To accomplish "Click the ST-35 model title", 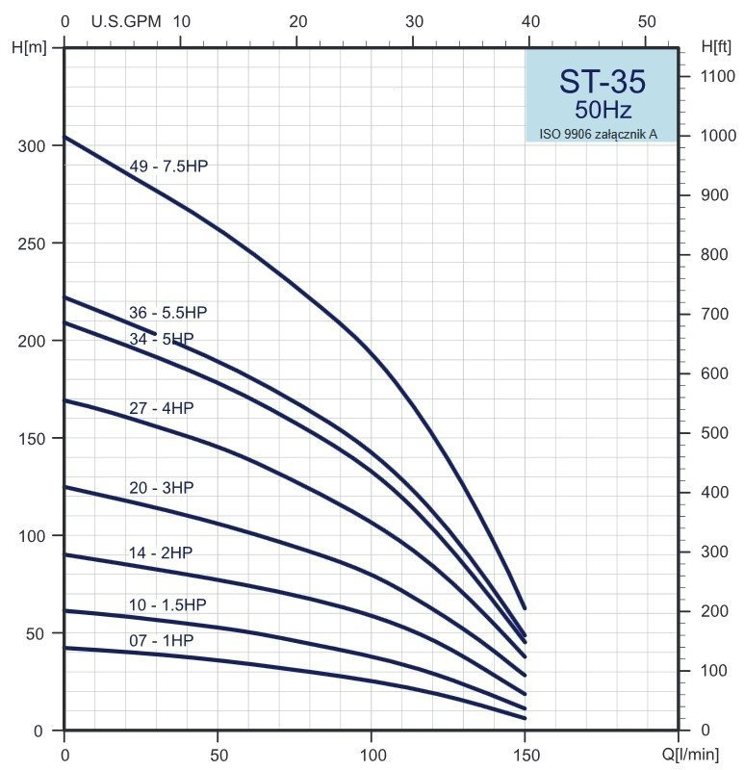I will pyautogui.click(x=602, y=82).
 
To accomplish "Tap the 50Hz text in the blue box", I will pyautogui.click(x=603, y=110).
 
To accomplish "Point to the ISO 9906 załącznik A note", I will pyautogui.click(x=598, y=134).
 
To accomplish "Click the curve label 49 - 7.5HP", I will pyautogui.click(x=168, y=167).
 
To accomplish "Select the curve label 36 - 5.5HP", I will pyautogui.click(x=167, y=313).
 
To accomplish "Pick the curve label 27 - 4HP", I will pyautogui.click(x=161, y=408).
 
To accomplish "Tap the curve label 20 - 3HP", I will pyautogui.click(x=161, y=488).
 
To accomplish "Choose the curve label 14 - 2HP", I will pyautogui.click(x=160, y=552).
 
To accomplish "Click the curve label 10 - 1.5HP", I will pyautogui.click(x=167, y=604).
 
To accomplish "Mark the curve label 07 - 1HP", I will pyautogui.click(x=161, y=640).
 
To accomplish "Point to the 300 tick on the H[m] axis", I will pyautogui.click(x=31, y=145).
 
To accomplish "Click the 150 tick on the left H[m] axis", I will pyautogui.click(x=31, y=438).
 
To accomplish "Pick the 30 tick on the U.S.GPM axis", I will pyautogui.click(x=414, y=21).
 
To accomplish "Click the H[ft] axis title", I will pyautogui.click(x=717, y=45).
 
